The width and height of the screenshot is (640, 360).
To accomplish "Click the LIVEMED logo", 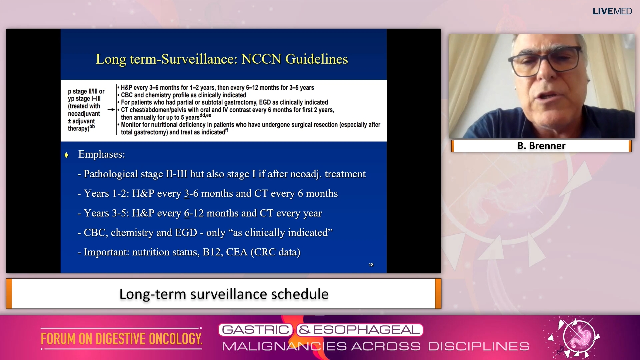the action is point(612,11).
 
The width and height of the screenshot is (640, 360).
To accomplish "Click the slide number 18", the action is point(371,265).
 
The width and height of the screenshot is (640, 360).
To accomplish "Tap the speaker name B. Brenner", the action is point(541,146).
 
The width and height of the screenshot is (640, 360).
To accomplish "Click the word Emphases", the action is point(101,154).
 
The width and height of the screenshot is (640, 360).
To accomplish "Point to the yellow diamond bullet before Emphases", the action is point(66,155).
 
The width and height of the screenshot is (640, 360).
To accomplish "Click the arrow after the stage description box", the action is point(111,109).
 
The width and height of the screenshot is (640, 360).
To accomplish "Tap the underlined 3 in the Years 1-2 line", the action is point(187,193).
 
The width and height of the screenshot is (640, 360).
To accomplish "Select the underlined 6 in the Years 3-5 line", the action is point(187,213).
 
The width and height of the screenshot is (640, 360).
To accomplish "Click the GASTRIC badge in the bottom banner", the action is point(256,330).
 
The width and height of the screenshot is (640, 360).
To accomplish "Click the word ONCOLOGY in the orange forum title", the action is point(176,339).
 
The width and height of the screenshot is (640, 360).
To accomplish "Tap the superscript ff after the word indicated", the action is point(227,130).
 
